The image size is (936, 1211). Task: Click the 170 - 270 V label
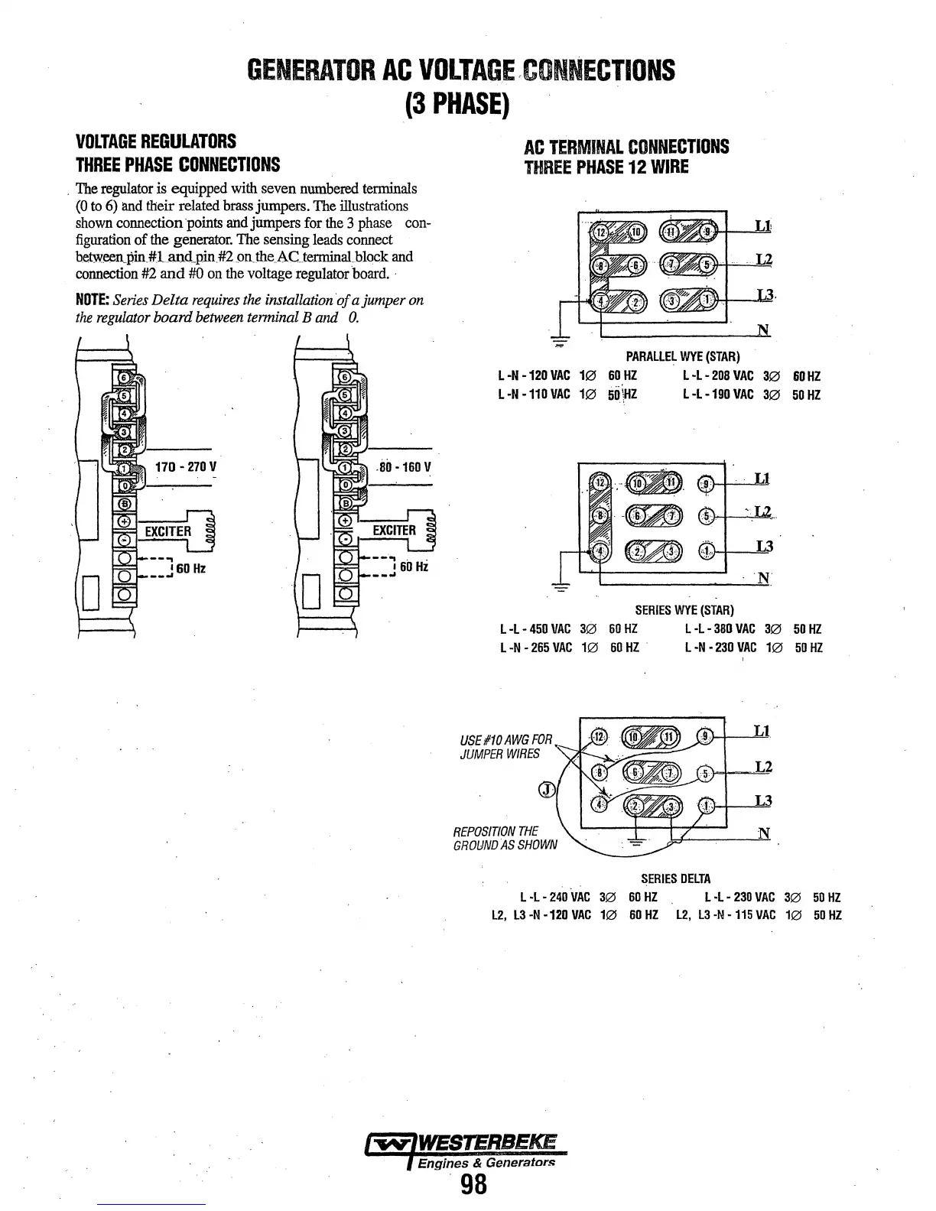(x=186, y=467)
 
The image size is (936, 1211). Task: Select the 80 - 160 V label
(x=405, y=467)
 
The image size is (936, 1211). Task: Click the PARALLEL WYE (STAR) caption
(x=683, y=357)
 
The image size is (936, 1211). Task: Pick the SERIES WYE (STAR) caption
(x=684, y=610)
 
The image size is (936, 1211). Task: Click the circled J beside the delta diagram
(x=545, y=790)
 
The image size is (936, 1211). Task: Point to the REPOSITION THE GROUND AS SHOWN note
(x=505, y=838)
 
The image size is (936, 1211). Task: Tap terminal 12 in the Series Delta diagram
(x=599, y=736)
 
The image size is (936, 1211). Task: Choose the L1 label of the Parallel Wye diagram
(x=762, y=226)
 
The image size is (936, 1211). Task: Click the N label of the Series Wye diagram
(x=762, y=578)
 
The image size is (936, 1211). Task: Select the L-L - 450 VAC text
(x=535, y=629)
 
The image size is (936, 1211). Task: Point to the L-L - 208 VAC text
(x=718, y=376)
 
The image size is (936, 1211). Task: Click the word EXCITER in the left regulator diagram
(x=167, y=531)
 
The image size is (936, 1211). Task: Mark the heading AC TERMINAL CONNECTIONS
(x=626, y=147)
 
